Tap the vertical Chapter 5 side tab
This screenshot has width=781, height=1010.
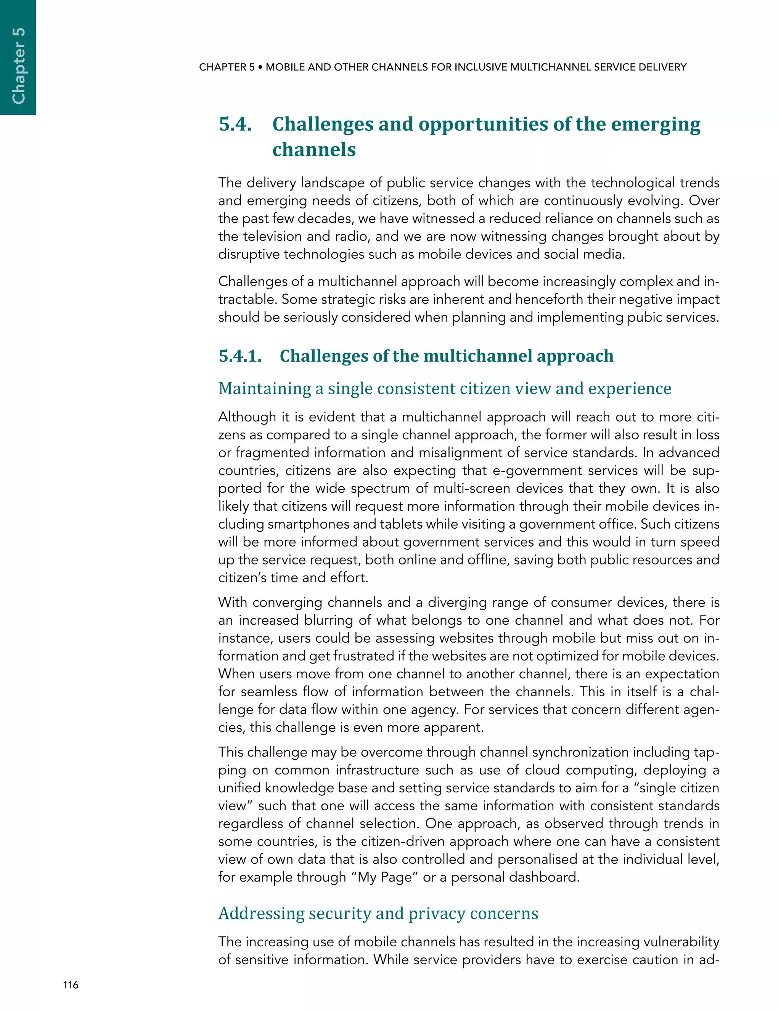pyautogui.click(x=18, y=65)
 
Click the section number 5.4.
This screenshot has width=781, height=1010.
pyautogui.click(x=235, y=124)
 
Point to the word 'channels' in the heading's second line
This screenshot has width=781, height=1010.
pyautogui.click(x=314, y=149)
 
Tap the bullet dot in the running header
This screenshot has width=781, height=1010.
pyautogui.click(x=260, y=67)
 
